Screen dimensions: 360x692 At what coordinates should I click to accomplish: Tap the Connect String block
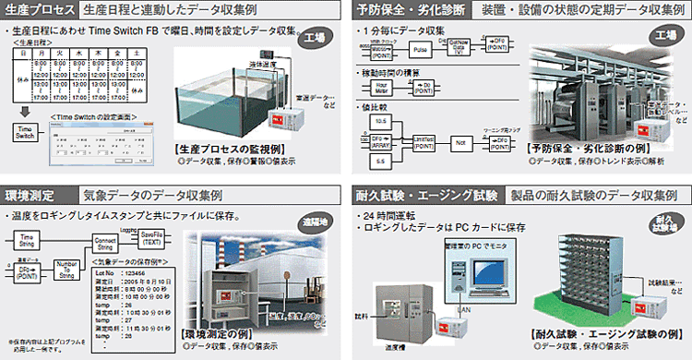tap(105, 242)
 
